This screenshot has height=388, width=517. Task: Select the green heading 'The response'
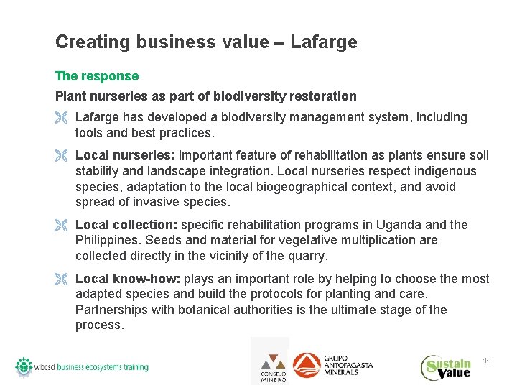pyautogui.click(x=97, y=76)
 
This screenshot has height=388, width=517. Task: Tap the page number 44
pyautogui.click(x=486, y=359)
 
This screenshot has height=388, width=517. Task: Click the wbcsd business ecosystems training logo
pyautogui.click(x=82, y=366)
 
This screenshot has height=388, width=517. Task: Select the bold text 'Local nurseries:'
pyautogui.click(x=125, y=156)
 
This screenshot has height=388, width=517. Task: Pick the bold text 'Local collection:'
pyautogui.click(x=126, y=225)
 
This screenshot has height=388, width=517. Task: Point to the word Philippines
pyautogui.click(x=108, y=240)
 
